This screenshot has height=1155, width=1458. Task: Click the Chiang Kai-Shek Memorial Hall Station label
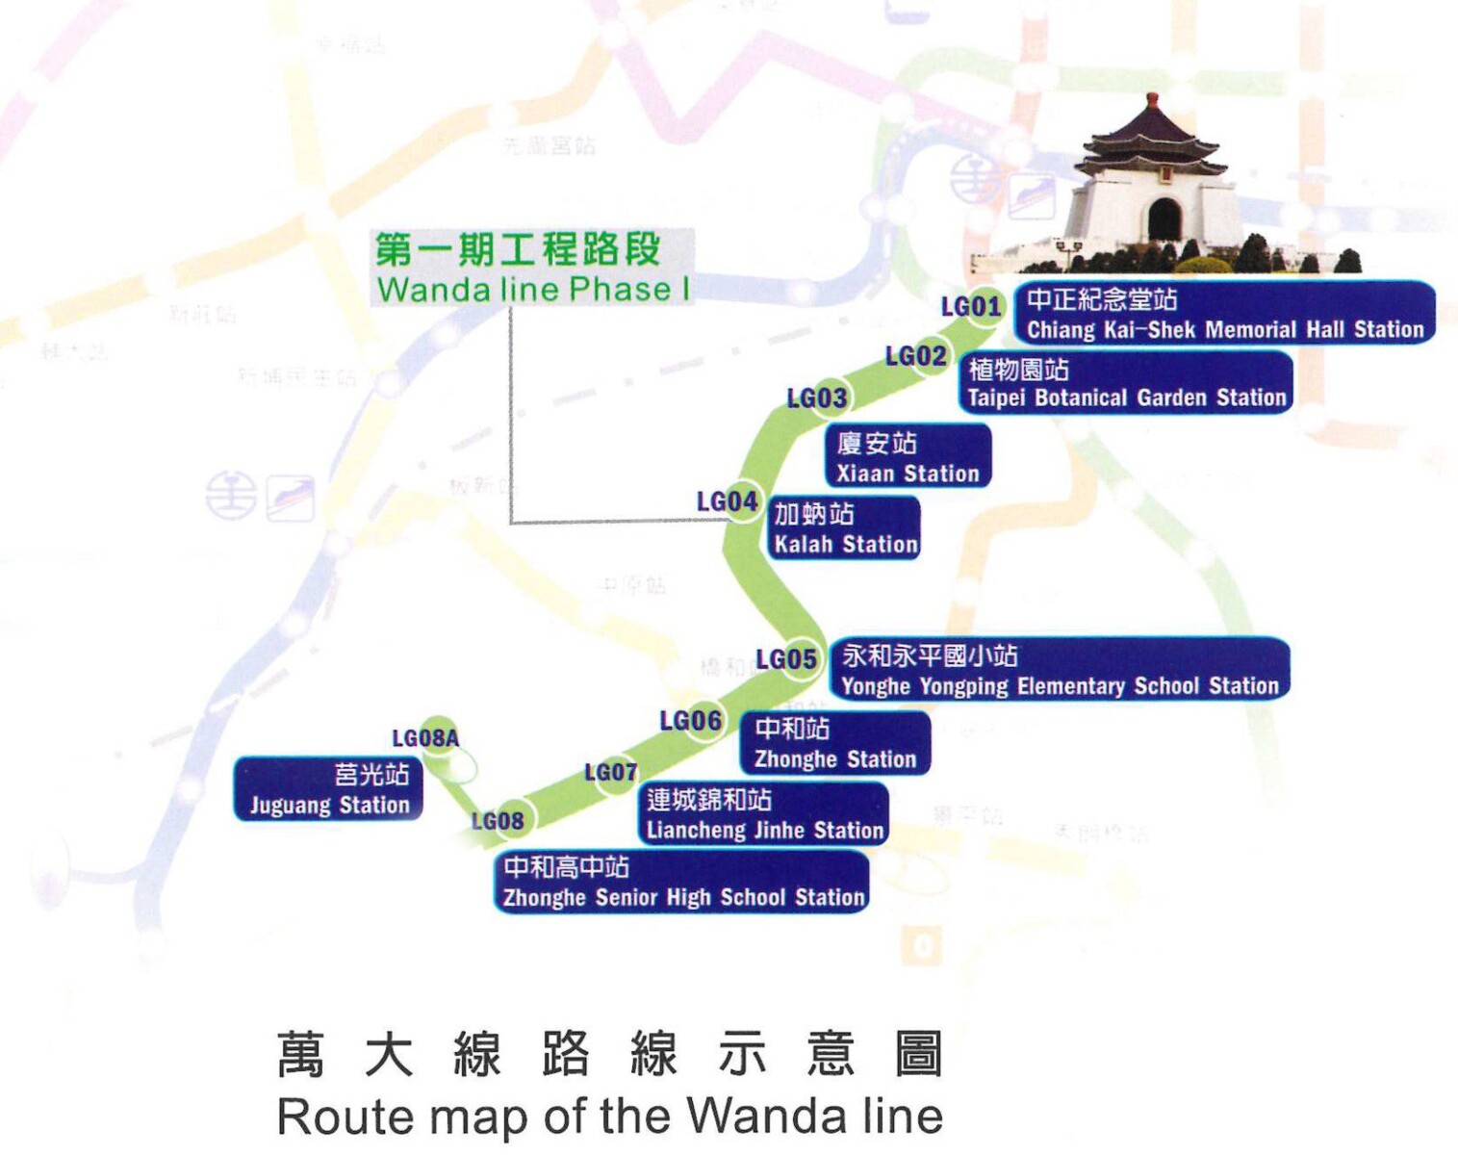(x=1224, y=313)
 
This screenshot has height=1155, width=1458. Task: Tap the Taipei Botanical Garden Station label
(x=1126, y=383)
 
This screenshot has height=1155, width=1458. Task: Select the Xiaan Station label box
(x=908, y=457)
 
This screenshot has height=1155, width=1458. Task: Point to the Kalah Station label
(x=845, y=528)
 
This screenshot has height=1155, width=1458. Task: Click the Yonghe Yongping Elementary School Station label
(x=1059, y=670)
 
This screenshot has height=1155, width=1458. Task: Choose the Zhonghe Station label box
(x=834, y=743)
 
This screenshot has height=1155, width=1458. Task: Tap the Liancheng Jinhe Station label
(x=763, y=814)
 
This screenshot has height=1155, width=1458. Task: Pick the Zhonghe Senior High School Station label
(x=682, y=882)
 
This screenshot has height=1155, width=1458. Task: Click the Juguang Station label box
(x=329, y=789)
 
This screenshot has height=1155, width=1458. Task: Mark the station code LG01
(x=971, y=306)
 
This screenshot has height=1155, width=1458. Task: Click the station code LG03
(x=817, y=398)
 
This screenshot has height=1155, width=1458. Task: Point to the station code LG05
(x=786, y=659)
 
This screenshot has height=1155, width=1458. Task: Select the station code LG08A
(x=425, y=738)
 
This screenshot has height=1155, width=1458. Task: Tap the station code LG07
(x=610, y=772)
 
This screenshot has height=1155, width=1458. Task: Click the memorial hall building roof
(x=1152, y=135)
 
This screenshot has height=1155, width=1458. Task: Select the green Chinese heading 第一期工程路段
(x=518, y=249)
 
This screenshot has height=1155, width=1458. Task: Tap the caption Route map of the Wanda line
(x=609, y=1116)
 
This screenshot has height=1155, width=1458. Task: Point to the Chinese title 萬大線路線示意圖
(x=609, y=1054)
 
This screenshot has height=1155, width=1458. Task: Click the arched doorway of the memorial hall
(x=1164, y=219)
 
